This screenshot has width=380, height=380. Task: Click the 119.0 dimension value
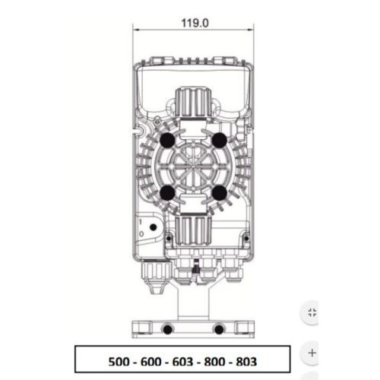[x=195, y=23]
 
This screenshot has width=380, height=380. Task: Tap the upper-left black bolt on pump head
[x=167, y=140]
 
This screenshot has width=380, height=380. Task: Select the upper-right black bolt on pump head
[x=220, y=140]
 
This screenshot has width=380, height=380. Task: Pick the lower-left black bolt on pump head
[x=167, y=193]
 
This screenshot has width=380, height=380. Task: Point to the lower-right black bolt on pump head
[x=220, y=193]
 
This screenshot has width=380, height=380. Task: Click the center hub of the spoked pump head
[x=193, y=166]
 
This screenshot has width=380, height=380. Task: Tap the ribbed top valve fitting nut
[x=193, y=102]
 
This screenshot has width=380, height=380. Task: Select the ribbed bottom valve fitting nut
[x=193, y=231]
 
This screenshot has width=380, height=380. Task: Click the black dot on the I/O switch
[x=154, y=227]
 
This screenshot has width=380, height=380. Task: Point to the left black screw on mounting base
[x=167, y=330]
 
